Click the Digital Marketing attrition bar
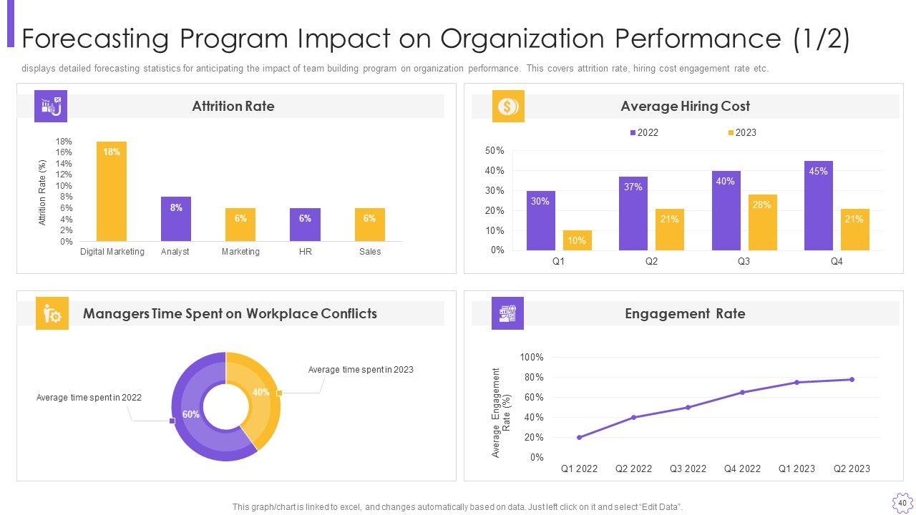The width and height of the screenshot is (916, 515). pyautogui.click(x=112, y=192)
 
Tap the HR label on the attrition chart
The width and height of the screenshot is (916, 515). pyautogui.click(x=305, y=252)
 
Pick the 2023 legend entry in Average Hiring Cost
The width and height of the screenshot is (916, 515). pyautogui.click(x=742, y=132)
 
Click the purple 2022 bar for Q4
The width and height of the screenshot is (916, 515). pyautogui.click(x=818, y=206)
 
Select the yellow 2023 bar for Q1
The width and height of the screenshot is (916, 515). pyautogui.click(x=577, y=240)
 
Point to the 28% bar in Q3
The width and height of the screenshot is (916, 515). pyautogui.click(x=762, y=222)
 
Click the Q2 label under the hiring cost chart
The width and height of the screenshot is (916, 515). pyautogui.click(x=651, y=262)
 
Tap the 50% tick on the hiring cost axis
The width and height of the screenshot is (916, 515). pyautogui.click(x=494, y=151)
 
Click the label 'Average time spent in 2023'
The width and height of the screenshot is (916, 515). pyautogui.click(x=361, y=370)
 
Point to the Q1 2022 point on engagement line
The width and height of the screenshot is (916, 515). pyautogui.click(x=579, y=437)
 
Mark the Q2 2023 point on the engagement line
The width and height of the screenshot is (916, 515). pyautogui.click(x=852, y=379)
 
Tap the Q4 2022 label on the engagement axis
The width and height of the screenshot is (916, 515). pyautogui.click(x=742, y=469)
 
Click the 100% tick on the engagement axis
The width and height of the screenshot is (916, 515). pyautogui.click(x=532, y=357)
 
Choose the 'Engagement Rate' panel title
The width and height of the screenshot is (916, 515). pyautogui.click(x=685, y=313)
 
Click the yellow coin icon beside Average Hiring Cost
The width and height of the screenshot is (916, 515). pyautogui.click(x=508, y=107)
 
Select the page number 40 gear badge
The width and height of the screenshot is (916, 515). pyautogui.click(x=902, y=503)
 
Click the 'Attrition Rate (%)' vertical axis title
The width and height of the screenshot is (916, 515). pyautogui.click(x=42, y=192)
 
